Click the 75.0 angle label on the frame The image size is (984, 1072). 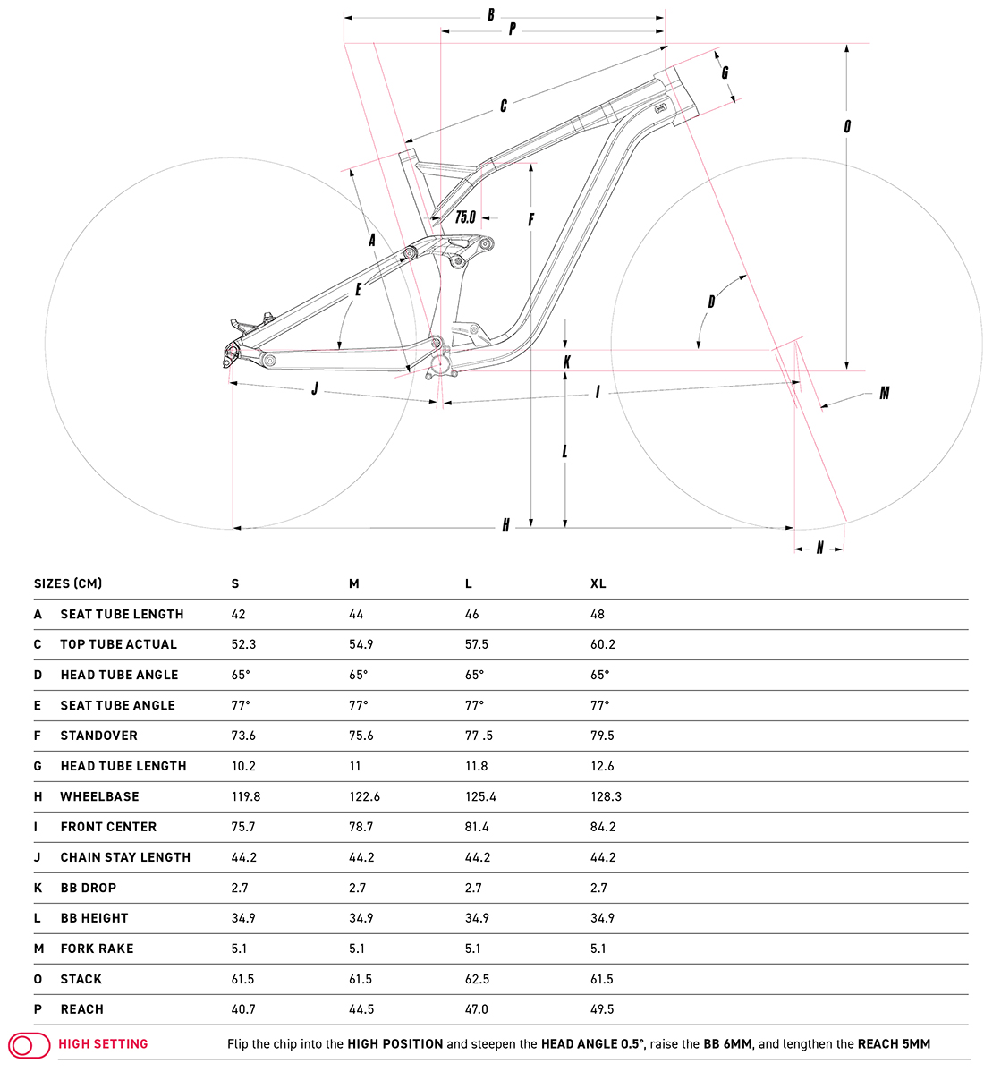click(x=465, y=217)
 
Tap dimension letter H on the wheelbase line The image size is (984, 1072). click(x=505, y=525)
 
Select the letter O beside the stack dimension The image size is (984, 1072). click(x=847, y=126)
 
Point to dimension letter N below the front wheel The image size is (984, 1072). click(x=819, y=548)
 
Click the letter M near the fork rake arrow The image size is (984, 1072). click(x=884, y=393)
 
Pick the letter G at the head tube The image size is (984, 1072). click(x=725, y=72)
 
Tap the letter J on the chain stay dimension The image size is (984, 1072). click(x=314, y=389)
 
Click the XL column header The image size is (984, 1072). click(x=598, y=583)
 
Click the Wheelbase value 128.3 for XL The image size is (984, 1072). click(x=606, y=796)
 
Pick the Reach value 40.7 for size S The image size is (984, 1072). click(x=243, y=1009)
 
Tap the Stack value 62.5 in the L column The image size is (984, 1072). click(x=477, y=979)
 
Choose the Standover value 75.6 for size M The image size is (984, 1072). click(x=361, y=736)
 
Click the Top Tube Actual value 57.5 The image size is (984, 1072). click(x=477, y=644)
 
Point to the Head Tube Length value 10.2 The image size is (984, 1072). click(x=243, y=766)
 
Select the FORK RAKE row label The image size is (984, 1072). click(x=97, y=949)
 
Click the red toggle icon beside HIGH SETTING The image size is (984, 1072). click(x=30, y=1044)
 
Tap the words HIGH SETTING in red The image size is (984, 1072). click(x=103, y=1044)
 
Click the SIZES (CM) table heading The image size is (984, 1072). click(x=68, y=583)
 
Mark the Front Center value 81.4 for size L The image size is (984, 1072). click(x=477, y=827)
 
